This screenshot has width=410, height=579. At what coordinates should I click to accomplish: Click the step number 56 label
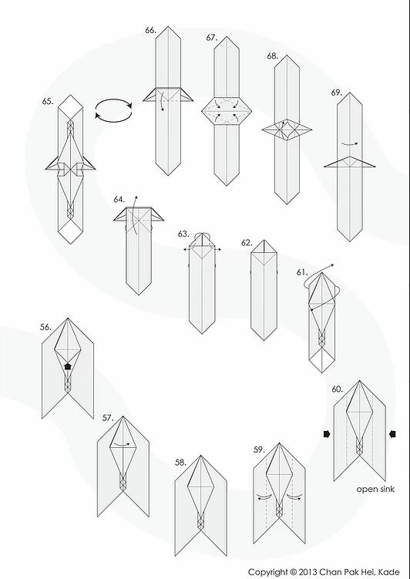[45, 327]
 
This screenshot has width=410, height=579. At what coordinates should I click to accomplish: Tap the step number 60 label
[337, 389]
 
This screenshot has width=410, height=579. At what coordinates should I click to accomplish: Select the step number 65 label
[48, 102]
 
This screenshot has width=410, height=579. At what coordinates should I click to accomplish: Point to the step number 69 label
[336, 93]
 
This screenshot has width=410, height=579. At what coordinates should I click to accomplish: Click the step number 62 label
[247, 243]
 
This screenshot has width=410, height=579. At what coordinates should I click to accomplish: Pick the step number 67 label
[212, 38]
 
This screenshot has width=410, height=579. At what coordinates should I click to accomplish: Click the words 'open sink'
[375, 490]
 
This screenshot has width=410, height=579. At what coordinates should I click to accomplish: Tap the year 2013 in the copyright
[308, 572]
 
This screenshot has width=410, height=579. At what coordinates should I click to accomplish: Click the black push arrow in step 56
[68, 366]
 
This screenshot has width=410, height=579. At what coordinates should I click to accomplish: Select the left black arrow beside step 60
[327, 434]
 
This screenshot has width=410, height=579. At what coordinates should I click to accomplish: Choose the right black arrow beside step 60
[392, 434]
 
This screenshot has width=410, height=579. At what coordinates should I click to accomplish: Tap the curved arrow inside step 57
[122, 443]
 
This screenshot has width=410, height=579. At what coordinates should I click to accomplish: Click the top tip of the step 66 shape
[169, 26]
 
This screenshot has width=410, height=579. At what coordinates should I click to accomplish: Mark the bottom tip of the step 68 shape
[287, 204]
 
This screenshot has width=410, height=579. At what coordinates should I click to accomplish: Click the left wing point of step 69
[325, 167]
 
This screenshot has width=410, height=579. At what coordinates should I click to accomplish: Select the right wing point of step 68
[311, 130]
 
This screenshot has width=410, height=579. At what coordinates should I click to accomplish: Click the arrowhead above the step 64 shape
[136, 197]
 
